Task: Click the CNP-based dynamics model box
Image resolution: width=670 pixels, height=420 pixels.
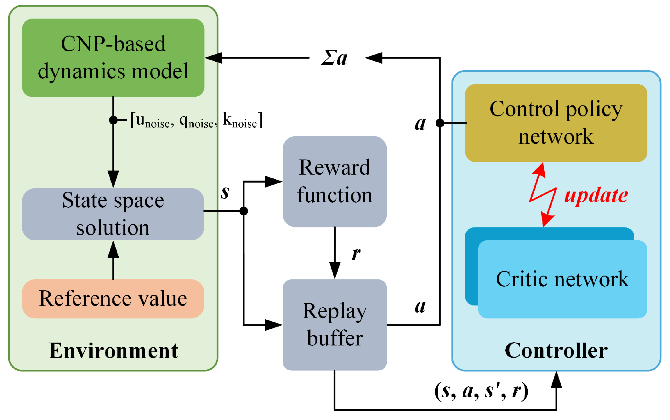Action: pos(113,58)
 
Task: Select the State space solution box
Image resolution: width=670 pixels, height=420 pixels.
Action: pos(113,214)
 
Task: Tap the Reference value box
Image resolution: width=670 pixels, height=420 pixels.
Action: pos(113,299)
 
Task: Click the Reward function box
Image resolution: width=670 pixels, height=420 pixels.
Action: pos(335,181)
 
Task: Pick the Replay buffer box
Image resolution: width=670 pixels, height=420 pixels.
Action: pos(335,324)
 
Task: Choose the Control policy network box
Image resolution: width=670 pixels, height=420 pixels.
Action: pos(556,123)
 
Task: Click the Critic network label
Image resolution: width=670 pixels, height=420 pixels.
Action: pos(562,279)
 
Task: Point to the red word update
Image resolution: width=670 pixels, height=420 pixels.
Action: pos(596,195)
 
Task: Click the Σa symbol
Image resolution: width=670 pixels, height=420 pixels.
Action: pos(334,58)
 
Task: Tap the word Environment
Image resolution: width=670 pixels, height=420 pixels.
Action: pos(113,350)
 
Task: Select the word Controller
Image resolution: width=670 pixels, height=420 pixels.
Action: pos(556,350)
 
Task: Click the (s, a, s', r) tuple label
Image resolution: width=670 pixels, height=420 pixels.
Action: pos(481,391)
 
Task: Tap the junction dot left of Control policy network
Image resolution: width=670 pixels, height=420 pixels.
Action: pos(440,123)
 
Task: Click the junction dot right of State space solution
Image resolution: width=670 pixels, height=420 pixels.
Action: pos(243,211)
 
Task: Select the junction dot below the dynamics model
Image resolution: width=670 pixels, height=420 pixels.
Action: pos(113,120)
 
